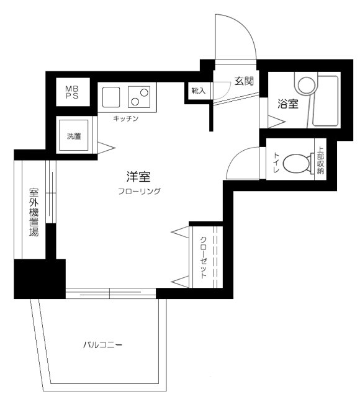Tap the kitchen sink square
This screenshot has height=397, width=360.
110,97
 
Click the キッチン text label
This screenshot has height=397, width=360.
126,118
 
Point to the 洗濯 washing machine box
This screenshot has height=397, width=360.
74,135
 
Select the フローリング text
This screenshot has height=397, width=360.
139,192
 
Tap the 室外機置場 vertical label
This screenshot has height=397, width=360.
33,213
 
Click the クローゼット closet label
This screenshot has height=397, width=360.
203,257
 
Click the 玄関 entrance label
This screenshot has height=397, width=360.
242,80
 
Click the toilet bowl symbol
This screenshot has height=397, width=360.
297,164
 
